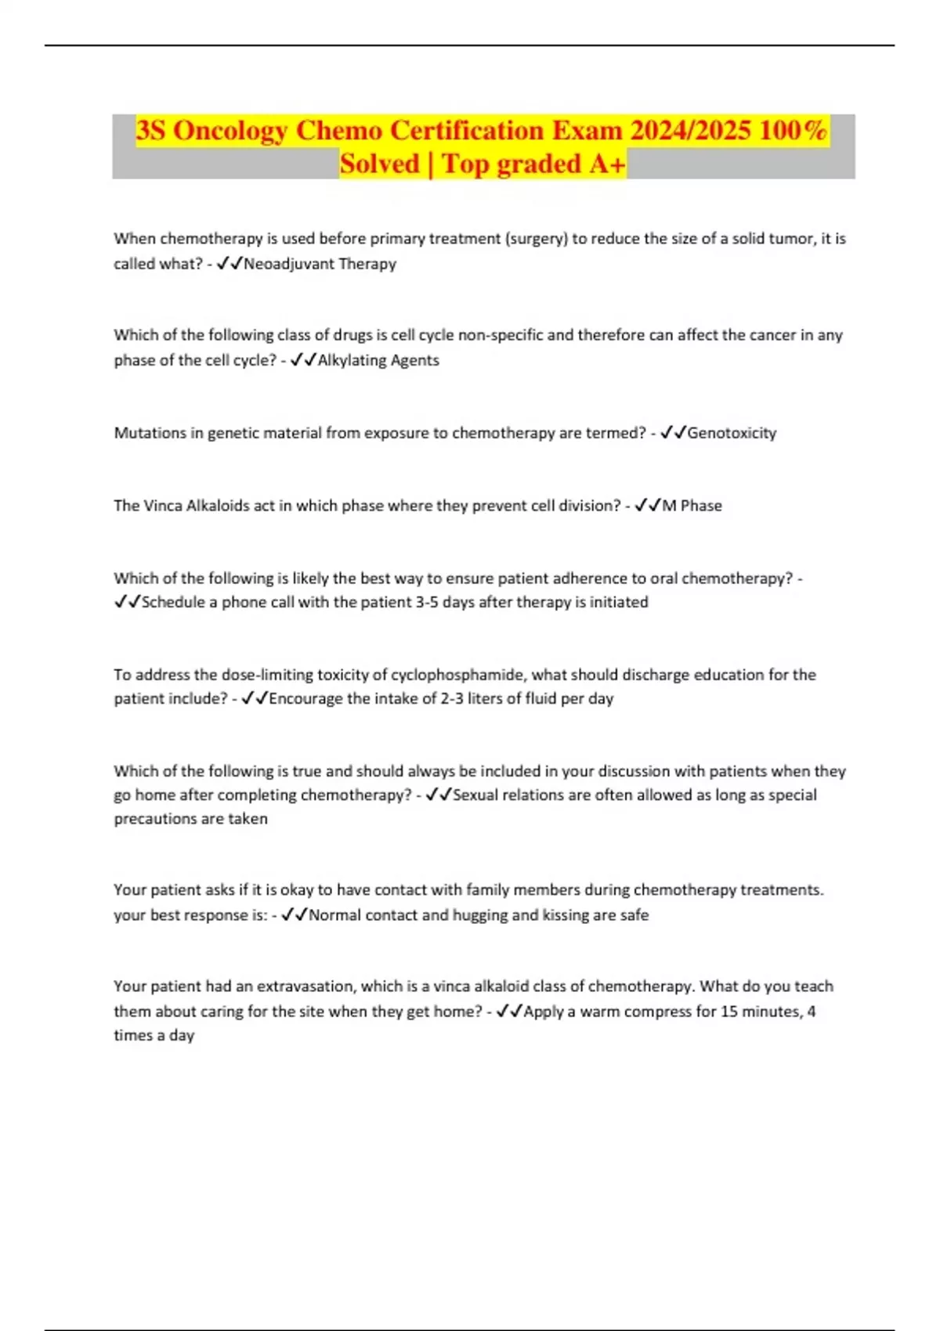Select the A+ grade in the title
click(x=608, y=164)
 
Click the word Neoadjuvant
click(x=287, y=264)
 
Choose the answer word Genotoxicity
click(x=732, y=433)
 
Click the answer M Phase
click(x=692, y=506)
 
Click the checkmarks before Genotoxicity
click(x=673, y=433)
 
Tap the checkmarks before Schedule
click(x=127, y=602)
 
